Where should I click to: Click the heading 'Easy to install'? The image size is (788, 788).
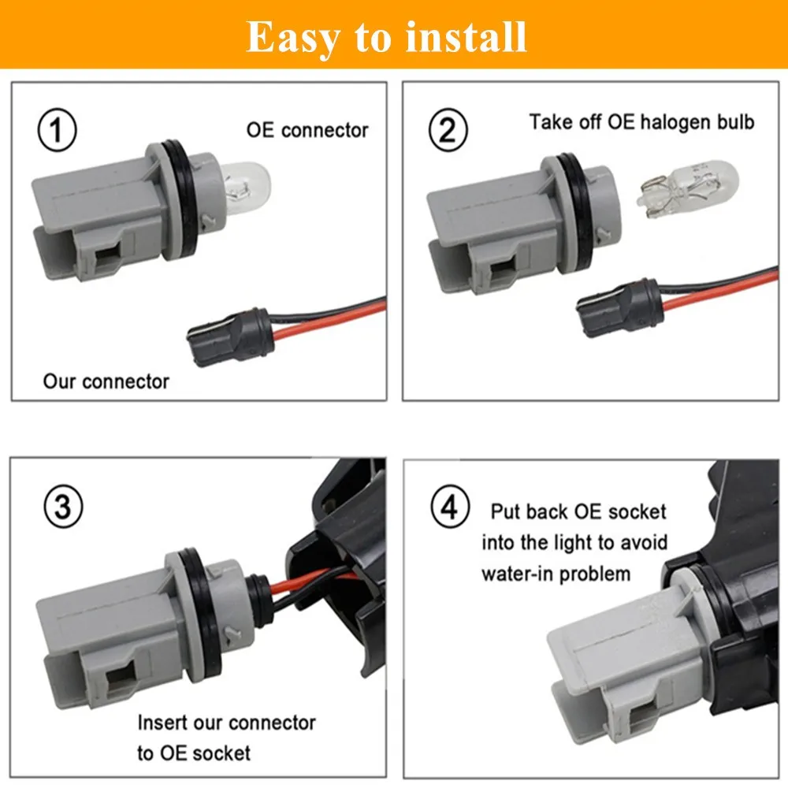pos(386,36)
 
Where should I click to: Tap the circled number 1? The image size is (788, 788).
pos(58,131)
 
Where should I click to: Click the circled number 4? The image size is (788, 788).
pos(450,507)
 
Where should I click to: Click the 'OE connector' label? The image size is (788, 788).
pos(307,130)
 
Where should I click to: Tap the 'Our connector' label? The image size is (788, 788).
pos(106,382)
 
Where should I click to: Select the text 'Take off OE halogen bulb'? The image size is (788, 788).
pos(641,122)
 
